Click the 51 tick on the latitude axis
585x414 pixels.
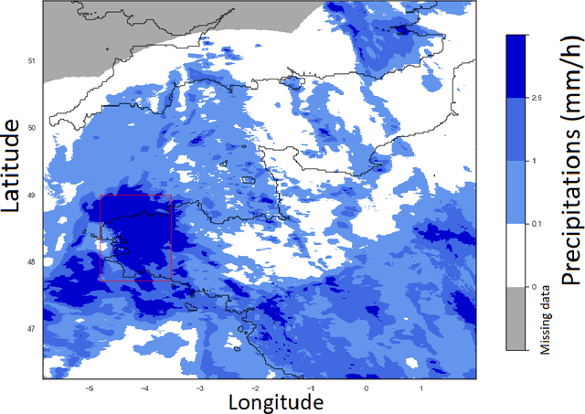(x=31, y=61)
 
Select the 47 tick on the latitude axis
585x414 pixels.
(x=31, y=328)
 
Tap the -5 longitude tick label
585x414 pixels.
(x=90, y=387)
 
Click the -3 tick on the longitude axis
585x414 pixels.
(x=200, y=387)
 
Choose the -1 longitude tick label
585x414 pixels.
(x=311, y=387)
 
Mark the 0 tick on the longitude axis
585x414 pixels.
(x=367, y=387)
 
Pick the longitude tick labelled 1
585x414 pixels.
(x=421, y=387)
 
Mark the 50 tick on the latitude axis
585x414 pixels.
(x=31, y=128)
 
